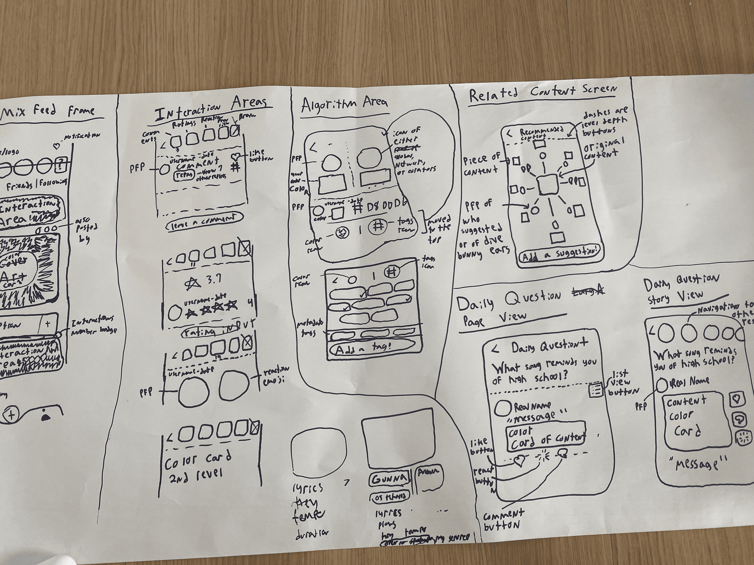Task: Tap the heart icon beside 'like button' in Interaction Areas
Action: click(236, 157)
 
